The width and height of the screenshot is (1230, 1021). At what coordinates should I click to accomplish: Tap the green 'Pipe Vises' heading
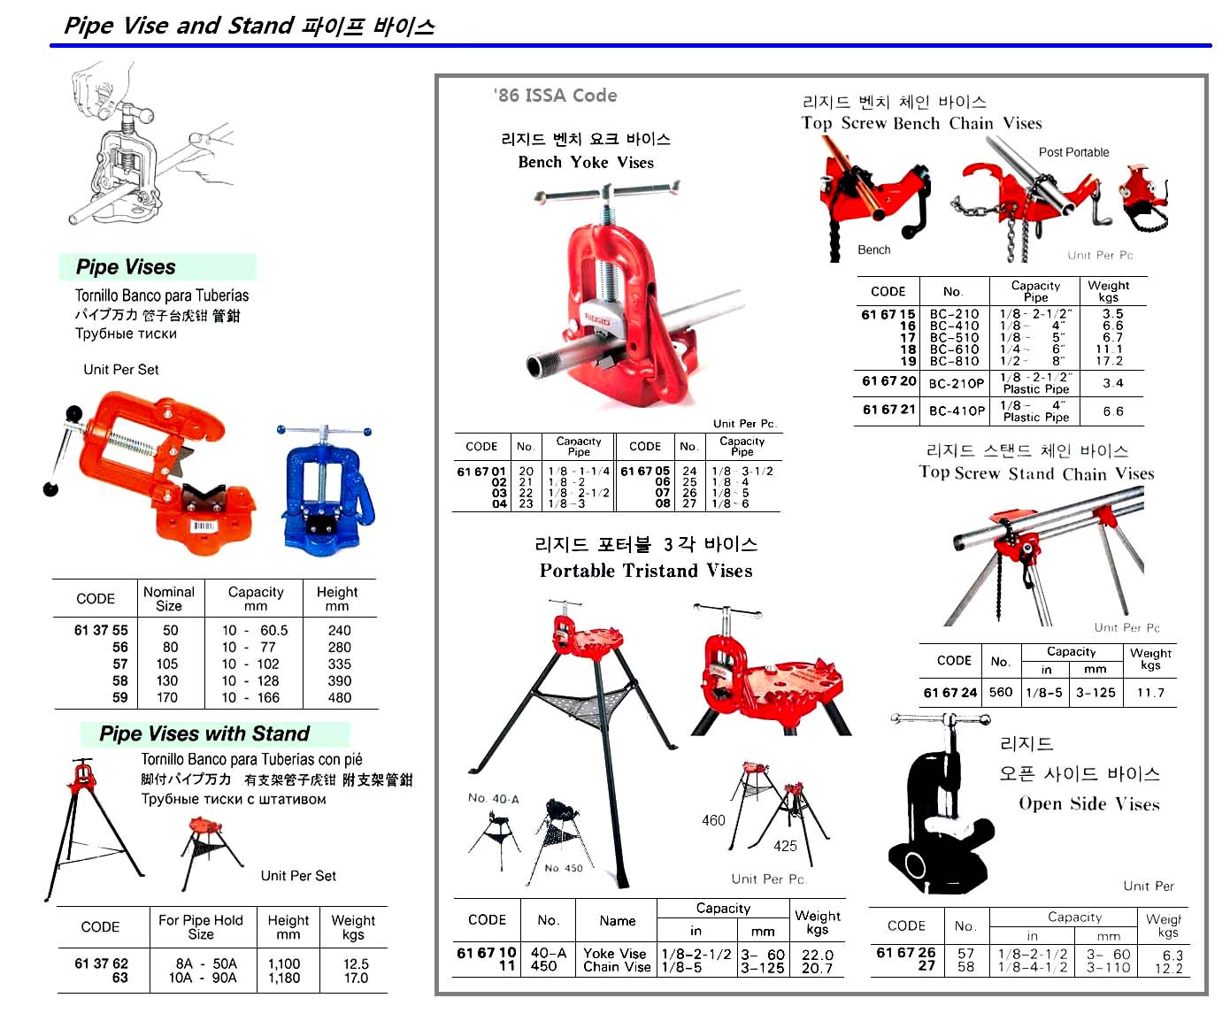(x=126, y=267)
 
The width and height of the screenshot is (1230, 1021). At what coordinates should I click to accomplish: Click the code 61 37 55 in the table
(x=101, y=630)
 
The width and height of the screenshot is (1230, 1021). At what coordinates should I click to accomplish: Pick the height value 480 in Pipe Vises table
(x=339, y=697)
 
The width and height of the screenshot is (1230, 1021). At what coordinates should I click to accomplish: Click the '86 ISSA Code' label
(x=555, y=96)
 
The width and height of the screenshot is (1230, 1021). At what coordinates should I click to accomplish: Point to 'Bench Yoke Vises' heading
(x=586, y=162)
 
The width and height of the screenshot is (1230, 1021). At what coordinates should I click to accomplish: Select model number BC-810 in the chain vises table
(x=954, y=361)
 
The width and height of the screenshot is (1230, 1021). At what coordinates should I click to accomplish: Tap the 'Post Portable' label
(x=1073, y=152)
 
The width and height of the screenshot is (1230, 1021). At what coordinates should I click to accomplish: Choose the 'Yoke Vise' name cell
(x=615, y=954)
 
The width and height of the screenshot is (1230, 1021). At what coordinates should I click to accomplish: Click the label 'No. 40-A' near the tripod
(x=494, y=798)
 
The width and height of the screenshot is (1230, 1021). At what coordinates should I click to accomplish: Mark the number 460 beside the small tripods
(x=713, y=820)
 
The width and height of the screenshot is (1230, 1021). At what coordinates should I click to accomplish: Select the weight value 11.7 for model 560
(x=1149, y=693)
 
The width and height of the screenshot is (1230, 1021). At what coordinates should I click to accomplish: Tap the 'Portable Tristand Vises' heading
(x=646, y=571)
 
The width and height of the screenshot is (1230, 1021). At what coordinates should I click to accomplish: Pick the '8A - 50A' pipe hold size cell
(x=206, y=963)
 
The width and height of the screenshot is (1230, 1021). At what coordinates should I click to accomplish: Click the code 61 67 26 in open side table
(x=905, y=953)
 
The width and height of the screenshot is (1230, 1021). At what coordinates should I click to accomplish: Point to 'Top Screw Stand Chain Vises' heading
(x=1036, y=473)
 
